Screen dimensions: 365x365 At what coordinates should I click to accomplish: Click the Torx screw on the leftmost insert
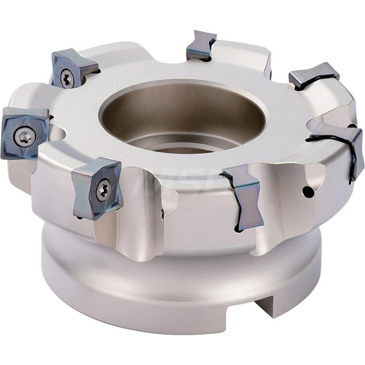tap(25, 137)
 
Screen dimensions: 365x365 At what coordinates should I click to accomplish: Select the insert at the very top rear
tap(201, 46)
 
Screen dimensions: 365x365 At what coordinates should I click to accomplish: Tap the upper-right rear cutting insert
tap(314, 75)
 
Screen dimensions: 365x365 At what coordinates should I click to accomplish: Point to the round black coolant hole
tap(308, 192)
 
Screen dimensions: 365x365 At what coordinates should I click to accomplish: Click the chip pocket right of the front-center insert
tap(281, 204)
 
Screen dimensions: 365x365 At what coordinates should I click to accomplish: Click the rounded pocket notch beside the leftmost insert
tap(58, 131)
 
